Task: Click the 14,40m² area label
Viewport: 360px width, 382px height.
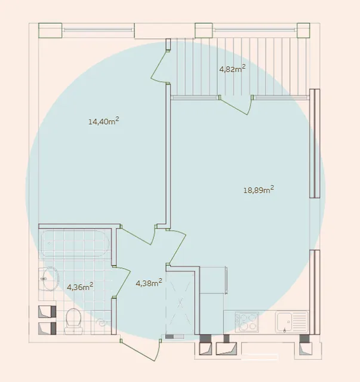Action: (104, 121)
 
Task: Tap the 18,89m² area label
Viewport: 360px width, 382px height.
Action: (259, 190)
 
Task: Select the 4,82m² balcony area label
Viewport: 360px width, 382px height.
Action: (232, 69)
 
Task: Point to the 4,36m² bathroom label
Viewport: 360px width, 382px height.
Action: (80, 286)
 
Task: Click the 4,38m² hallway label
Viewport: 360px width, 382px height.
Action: (149, 283)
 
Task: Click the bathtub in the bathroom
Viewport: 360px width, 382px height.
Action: (75, 244)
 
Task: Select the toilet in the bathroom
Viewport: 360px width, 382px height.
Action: (73, 321)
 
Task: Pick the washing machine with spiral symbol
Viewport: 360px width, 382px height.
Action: (101, 322)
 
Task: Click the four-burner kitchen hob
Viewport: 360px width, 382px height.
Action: (247, 322)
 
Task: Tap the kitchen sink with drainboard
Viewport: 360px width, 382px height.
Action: (292, 322)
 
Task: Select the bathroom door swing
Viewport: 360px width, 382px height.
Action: (121, 282)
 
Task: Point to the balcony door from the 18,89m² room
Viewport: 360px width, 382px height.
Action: (236, 105)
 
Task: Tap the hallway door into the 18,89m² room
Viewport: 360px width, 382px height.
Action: (177, 247)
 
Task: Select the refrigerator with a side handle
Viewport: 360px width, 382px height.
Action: (213, 280)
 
